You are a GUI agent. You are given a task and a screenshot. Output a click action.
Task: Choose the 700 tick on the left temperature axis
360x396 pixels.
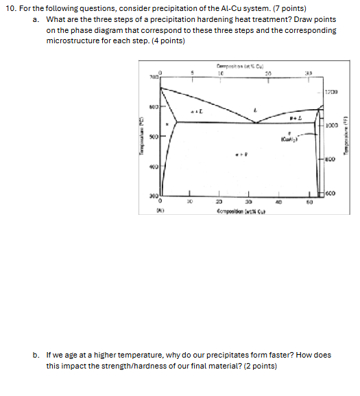coord(152,80)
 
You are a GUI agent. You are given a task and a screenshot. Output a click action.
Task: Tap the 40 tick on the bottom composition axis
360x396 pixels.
coord(278,202)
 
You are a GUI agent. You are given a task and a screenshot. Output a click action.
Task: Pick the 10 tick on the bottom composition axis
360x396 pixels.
coord(189,202)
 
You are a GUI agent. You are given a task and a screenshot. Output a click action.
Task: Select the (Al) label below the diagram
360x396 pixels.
coord(160,211)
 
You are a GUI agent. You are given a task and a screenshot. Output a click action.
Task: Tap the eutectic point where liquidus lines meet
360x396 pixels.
coord(255,123)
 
